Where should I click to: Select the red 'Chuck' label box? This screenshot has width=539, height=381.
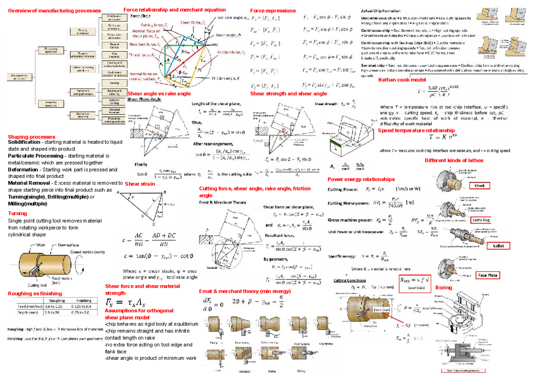479,186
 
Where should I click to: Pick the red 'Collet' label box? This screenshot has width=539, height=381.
498,246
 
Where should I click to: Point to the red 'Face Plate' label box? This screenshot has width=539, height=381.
488,275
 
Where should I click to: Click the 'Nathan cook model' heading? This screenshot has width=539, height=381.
402,80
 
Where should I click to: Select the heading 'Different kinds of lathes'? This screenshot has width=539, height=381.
454,160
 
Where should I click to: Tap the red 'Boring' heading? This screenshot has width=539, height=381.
443,288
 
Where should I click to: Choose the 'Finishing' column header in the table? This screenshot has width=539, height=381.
84,301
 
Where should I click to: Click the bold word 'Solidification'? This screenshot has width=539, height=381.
26,142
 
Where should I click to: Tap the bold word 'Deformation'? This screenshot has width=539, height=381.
24,170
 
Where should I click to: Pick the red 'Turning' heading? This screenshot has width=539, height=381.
18,213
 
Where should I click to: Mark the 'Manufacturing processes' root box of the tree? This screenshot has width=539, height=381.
20,77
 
